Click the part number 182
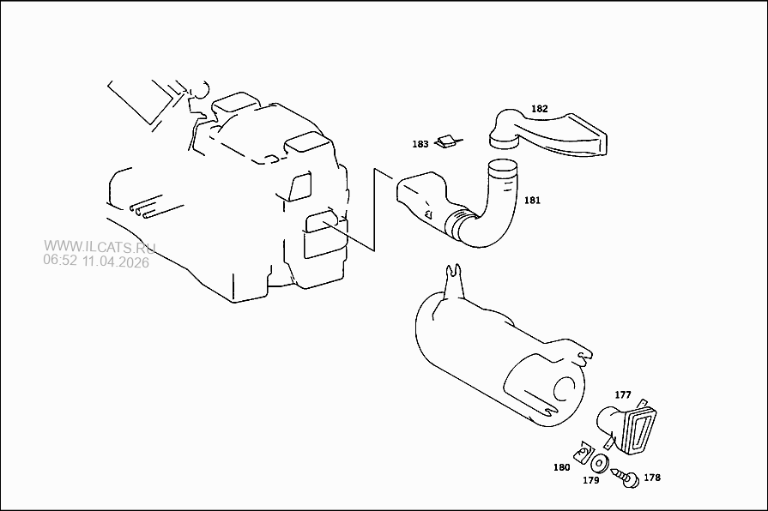point(539,109)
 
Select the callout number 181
point(532,200)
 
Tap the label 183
point(420,144)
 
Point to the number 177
point(622,394)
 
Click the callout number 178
point(652,478)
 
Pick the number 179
point(590,480)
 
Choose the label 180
point(561,467)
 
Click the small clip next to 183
point(448,141)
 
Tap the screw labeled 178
point(626,478)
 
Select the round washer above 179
point(600,463)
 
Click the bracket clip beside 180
point(584,453)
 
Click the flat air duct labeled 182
point(548,135)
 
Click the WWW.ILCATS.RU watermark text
point(100,248)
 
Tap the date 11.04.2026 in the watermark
point(116,262)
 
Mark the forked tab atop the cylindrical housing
point(454,281)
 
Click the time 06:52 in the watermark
point(60,261)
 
